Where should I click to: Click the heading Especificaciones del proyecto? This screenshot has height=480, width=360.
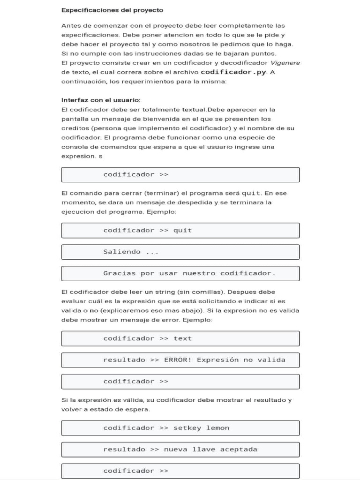tap(112, 10)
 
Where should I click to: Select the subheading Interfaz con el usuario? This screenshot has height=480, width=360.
tap(101, 100)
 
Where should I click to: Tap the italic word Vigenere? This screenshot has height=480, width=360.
tap(285, 63)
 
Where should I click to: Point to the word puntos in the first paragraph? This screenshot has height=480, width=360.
tap(264, 53)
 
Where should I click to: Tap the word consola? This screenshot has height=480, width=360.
tap(74, 147)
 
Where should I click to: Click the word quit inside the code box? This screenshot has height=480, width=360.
tap(183, 230)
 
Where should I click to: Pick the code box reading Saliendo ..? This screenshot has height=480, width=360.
tap(180, 252)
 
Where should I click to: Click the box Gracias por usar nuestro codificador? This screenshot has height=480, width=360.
tap(180, 273)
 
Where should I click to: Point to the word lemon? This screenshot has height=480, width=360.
tap(217, 428)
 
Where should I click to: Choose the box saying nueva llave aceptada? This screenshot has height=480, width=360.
tap(180, 450)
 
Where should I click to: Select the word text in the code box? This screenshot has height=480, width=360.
tap(183, 338)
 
